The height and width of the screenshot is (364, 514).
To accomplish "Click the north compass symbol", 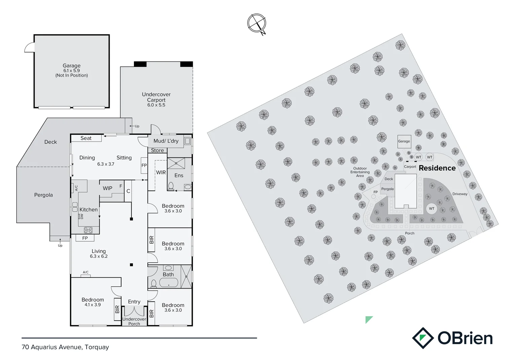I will [257, 23].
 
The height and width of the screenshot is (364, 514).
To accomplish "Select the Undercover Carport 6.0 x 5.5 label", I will [156, 99].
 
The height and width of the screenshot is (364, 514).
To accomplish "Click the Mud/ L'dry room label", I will [166, 141].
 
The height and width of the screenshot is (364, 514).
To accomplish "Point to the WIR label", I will [161, 172].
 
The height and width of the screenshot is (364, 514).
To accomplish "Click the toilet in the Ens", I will [171, 186].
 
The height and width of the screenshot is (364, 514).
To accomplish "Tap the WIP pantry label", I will [108, 188].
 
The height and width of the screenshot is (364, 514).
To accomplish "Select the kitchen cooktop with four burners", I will [88, 230].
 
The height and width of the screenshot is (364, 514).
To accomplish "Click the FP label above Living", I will [85, 238].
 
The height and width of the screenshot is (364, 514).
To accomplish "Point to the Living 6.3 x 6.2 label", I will [99, 253].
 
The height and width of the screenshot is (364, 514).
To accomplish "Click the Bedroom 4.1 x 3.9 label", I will [93, 302].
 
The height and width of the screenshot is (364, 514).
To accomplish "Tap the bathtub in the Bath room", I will [169, 283].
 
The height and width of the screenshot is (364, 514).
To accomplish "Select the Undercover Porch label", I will [134, 321].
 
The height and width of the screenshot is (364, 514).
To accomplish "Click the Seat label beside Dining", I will [86, 138].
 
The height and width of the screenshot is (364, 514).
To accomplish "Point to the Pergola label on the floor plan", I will [43, 195].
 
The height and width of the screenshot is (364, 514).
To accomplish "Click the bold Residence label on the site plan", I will [437, 168].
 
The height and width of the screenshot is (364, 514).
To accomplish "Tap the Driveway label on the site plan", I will [460, 194].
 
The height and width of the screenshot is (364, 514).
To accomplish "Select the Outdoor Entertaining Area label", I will [360, 172].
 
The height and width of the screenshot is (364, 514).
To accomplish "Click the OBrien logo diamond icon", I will [423, 338].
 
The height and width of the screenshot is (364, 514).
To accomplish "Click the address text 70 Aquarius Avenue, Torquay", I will [65, 347].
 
